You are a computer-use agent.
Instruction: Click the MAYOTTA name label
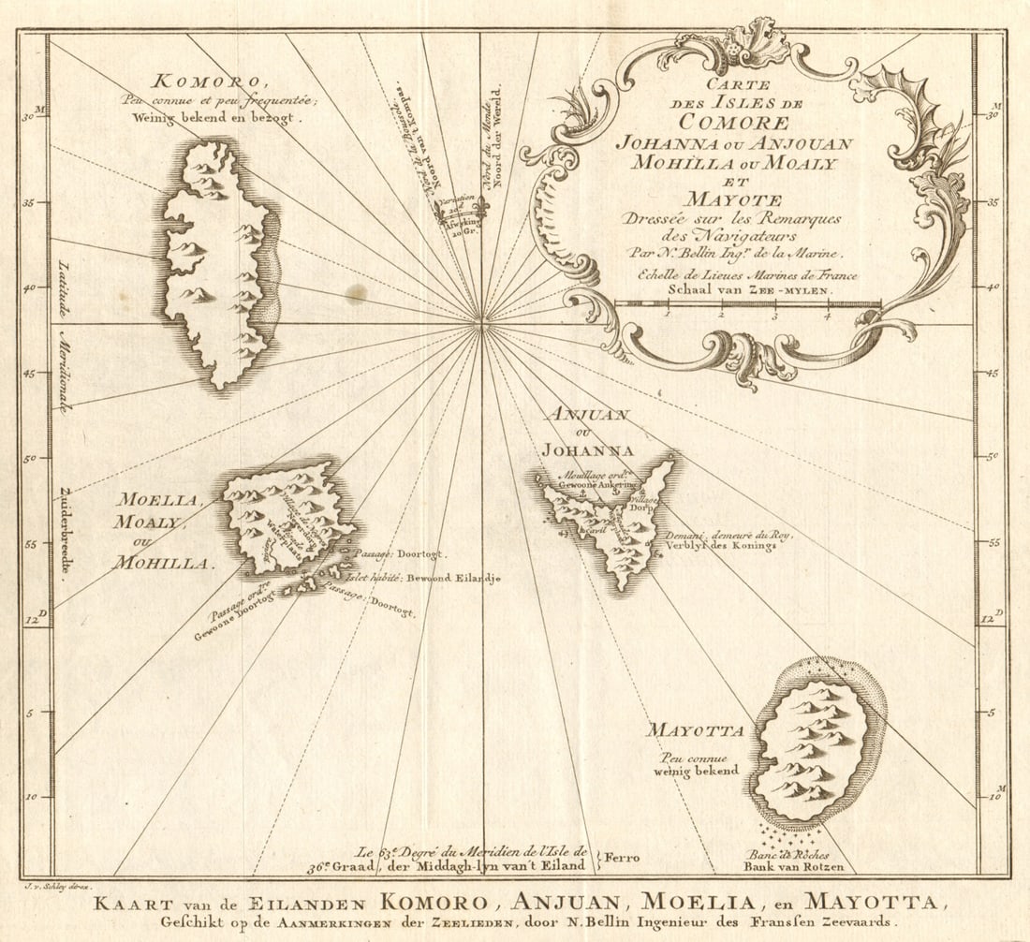[695, 730]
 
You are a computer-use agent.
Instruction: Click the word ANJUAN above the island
[587, 414]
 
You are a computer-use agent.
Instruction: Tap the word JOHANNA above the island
[587, 450]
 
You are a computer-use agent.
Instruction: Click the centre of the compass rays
[481, 324]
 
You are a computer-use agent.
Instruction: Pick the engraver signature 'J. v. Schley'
[56, 885]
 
